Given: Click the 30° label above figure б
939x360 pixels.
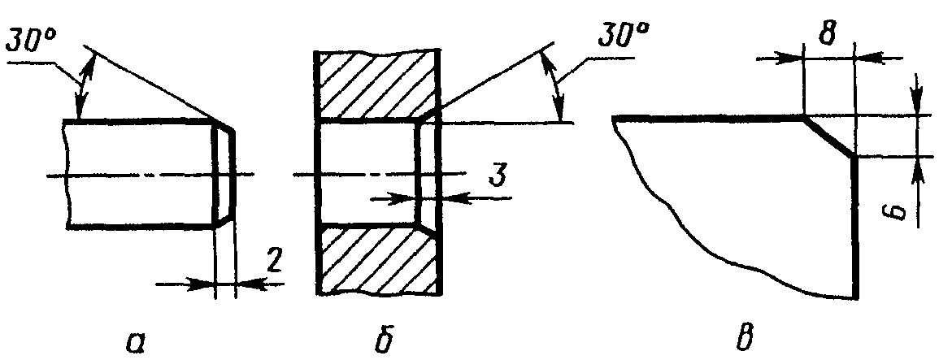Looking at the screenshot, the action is pos(623,37).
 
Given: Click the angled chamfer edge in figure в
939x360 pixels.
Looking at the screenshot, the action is pos(828,136).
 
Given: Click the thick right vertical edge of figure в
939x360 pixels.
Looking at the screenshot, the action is pos(854,228).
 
